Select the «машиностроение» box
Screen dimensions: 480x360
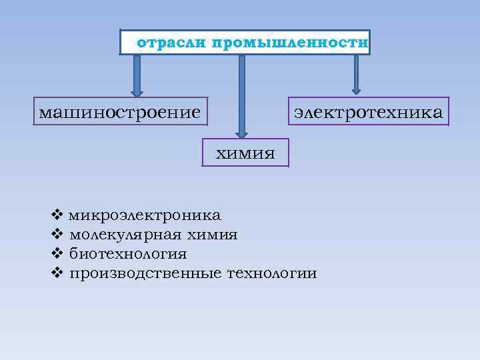pos(120,111)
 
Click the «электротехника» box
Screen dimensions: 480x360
pos(367,111)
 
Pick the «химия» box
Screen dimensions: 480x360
pos(245,153)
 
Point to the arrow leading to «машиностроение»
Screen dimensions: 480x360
pos(137,75)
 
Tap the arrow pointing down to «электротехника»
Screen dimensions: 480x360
pos(357,73)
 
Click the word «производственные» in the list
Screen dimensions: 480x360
pos(146,273)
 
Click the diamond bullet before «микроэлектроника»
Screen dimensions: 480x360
pos(56,215)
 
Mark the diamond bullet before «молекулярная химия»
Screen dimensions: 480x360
pos(56,235)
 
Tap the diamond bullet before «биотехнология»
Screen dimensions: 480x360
pos(56,254)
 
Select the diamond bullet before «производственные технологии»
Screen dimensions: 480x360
pos(56,273)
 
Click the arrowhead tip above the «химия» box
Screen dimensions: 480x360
pos(242,133)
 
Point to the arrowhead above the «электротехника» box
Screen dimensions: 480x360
pos(357,89)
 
